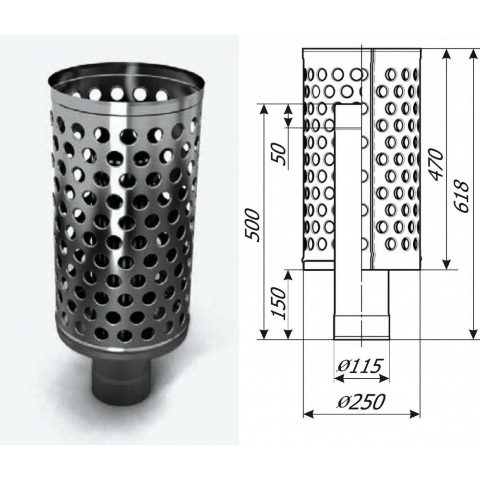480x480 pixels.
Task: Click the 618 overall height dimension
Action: [460, 197]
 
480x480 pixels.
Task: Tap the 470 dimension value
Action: [436, 164]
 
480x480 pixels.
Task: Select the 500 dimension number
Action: [253, 225]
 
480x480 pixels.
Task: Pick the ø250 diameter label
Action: [361, 401]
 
